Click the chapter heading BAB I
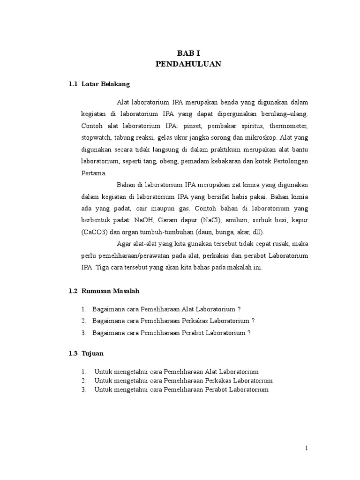pyautogui.click(x=188, y=53)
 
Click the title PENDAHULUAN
pyautogui.click(x=188, y=65)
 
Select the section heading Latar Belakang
pyautogui.click(x=105, y=84)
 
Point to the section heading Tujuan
pyautogui.click(x=92, y=353)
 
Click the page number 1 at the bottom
pyautogui.click(x=307, y=448)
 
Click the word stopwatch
pyautogui.click(x=95, y=138)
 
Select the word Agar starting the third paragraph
pyautogui.click(x=125, y=244)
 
